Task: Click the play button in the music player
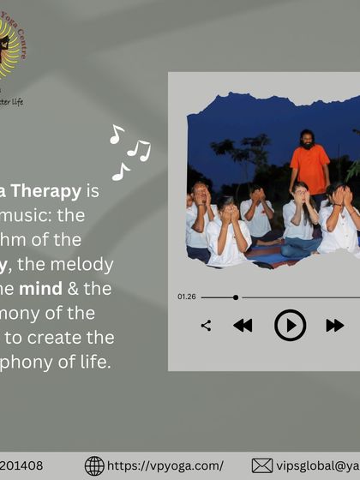pyautogui.click(x=290, y=325)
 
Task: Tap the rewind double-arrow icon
pyautogui.click(x=243, y=325)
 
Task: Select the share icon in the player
pyautogui.click(x=206, y=325)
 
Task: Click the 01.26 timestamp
pyautogui.click(x=187, y=297)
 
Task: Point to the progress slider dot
pyautogui.click(x=236, y=297)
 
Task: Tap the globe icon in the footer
pyautogui.click(x=94, y=465)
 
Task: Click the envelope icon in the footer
pyautogui.click(x=261, y=465)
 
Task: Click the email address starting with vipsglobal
pyautogui.click(x=317, y=465)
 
